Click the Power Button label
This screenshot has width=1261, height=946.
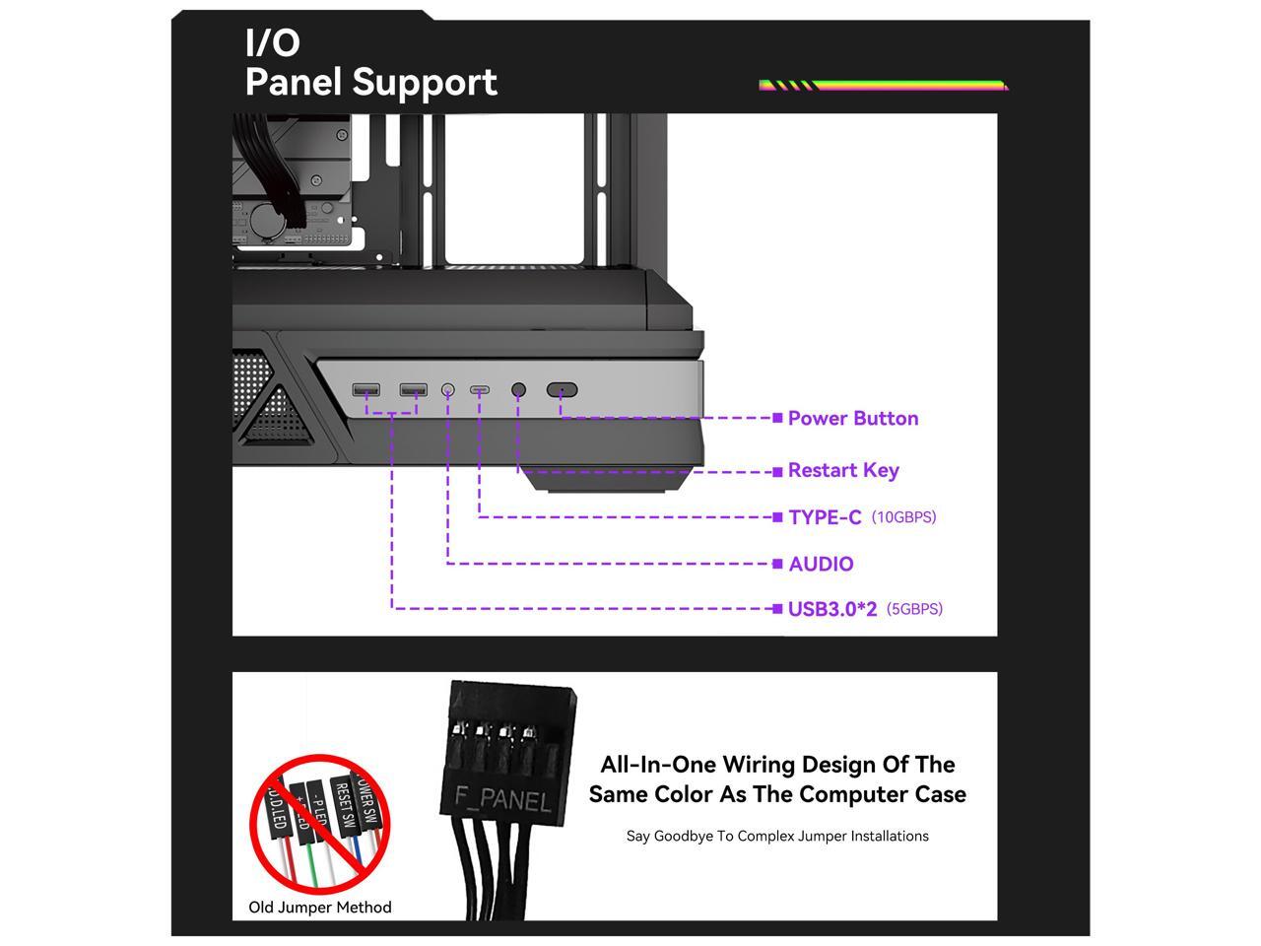(x=853, y=418)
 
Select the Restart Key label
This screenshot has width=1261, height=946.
(x=843, y=470)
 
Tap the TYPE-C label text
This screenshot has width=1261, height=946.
(x=825, y=517)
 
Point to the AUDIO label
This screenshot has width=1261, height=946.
(x=821, y=564)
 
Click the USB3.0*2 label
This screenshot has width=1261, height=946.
(x=831, y=609)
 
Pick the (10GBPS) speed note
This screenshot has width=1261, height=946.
(x=903, y=517)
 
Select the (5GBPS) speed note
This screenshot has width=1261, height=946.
(x=914, y=609)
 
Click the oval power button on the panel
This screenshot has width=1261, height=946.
(x=562, y=390)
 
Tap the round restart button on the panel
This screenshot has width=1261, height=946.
(x=519, y=390)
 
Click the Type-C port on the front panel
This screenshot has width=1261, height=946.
(x=480, y=390)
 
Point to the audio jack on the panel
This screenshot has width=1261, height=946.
(x=448, y=390)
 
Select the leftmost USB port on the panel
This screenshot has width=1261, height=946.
(x=366, y=390)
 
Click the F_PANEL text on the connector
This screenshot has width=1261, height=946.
(x=502, y=798)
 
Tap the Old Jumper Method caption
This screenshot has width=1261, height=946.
(x=320, y=908)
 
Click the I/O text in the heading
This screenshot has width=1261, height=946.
(x=273, y=43)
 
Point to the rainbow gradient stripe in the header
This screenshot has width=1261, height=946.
(x=884, y=86)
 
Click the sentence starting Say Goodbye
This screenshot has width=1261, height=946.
(x=777, y=836)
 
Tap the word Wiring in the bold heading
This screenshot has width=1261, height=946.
(x=759, y=765)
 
